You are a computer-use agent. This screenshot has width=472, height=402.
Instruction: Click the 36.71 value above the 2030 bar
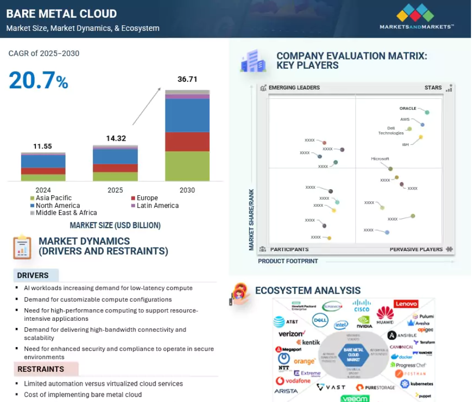[187, 79]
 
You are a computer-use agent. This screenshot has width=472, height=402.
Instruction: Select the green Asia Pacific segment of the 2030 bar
[187, 165]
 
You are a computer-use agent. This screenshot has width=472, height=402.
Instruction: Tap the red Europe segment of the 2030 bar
[187, 142]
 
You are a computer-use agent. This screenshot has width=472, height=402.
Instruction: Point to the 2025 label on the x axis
[115, 190]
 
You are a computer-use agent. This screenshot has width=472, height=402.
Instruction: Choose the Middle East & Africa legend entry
[66, 212]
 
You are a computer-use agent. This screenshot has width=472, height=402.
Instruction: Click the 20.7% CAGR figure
[38, 81]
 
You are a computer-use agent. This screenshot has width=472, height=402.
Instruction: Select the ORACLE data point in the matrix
[427, 112]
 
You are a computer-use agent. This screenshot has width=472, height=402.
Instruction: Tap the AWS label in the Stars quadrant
[405, 120]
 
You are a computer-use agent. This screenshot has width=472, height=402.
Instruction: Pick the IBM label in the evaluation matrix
[405, 145]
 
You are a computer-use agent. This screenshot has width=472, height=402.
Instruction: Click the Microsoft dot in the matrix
[390, 169]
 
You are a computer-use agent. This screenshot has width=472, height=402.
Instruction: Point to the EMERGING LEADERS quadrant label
[294, 88]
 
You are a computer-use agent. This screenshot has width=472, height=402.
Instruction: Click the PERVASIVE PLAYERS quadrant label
[416, 249]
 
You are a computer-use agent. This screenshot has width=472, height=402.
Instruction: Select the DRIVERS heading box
[36, 275]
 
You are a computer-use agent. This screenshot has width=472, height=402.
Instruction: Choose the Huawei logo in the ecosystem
[385, 315]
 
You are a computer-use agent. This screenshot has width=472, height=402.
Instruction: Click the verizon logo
[291, 333]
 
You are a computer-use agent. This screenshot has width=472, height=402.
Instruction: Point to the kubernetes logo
[417, 384]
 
